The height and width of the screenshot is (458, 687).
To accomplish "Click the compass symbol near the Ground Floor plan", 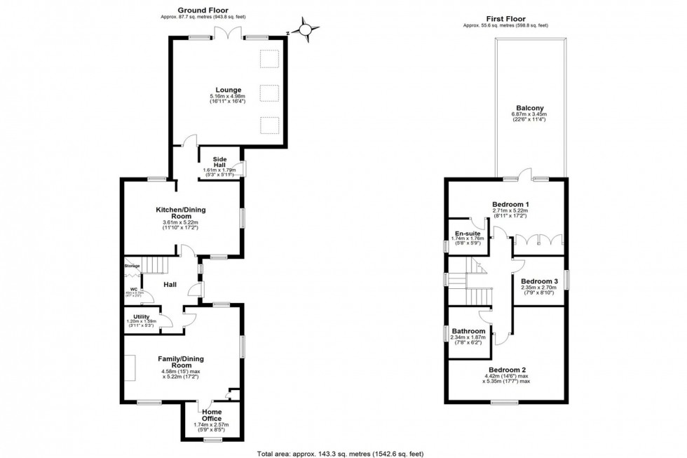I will pos(306,29).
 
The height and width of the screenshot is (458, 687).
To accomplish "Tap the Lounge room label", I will pos(229,90).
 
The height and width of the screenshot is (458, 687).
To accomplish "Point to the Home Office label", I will pos(211,415).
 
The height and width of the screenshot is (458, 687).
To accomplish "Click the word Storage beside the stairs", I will pos(132,266).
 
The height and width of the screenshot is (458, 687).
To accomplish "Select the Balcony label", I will pos(529,108).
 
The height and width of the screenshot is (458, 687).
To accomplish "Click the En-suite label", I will pos(469,233).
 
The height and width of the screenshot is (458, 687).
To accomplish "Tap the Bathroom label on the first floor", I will pos(469,331).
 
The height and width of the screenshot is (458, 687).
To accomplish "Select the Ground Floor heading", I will pos(216,9).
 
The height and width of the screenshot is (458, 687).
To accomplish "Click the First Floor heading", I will pos(505,19).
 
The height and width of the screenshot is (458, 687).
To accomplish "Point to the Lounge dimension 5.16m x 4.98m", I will pos(229,96).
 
